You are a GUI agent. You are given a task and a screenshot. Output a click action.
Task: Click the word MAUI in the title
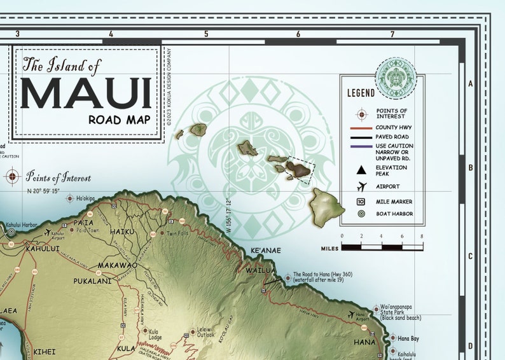point(86,93)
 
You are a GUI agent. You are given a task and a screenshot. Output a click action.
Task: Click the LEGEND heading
point(360,93)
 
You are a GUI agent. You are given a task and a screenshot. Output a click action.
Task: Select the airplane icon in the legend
point(362,186)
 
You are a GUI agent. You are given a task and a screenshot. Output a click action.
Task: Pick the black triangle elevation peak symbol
point(361,170)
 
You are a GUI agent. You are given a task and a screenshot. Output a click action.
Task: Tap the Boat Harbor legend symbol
point(361,214)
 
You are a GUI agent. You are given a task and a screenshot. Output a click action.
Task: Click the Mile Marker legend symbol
point(361,201)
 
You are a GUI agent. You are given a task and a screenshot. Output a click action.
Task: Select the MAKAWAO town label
point(114,265)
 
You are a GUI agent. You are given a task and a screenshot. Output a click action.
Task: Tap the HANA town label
point(365,342)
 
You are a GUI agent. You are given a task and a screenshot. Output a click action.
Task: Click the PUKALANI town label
point(92,280)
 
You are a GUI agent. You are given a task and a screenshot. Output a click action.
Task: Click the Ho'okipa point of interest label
point(85,198)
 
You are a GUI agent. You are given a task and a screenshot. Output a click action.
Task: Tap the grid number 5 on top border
point(206,34)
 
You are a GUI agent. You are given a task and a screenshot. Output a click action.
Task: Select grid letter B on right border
point(471,169)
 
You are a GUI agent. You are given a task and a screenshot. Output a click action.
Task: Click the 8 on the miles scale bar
point(422,236)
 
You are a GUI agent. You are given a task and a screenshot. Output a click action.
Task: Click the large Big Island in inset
point(327,203)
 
